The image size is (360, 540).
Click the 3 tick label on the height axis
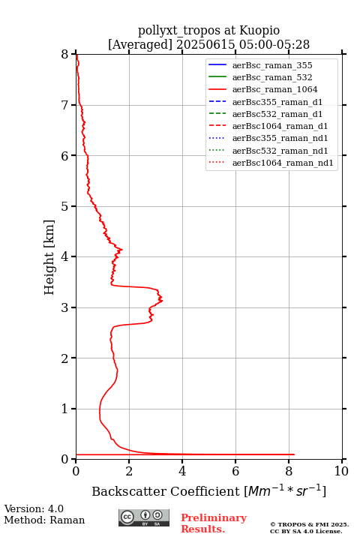click(65, 307)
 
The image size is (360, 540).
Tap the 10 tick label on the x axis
click(341, 471)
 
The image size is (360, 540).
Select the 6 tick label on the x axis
click(235, 471)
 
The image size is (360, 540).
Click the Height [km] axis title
click(49, 257)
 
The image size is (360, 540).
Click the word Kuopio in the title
click(259, 31)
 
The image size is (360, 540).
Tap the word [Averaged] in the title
click(140, 44)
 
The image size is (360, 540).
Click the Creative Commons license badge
click(144, 517)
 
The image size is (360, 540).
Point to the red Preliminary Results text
click(214, 523)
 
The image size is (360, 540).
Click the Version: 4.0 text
click(34, 508)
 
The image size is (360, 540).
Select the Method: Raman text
click(44, 520)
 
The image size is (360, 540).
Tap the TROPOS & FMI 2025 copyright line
click(309, 524)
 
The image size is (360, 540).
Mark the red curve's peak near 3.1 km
click(162, 300)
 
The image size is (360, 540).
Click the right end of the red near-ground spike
click(294, 454)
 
